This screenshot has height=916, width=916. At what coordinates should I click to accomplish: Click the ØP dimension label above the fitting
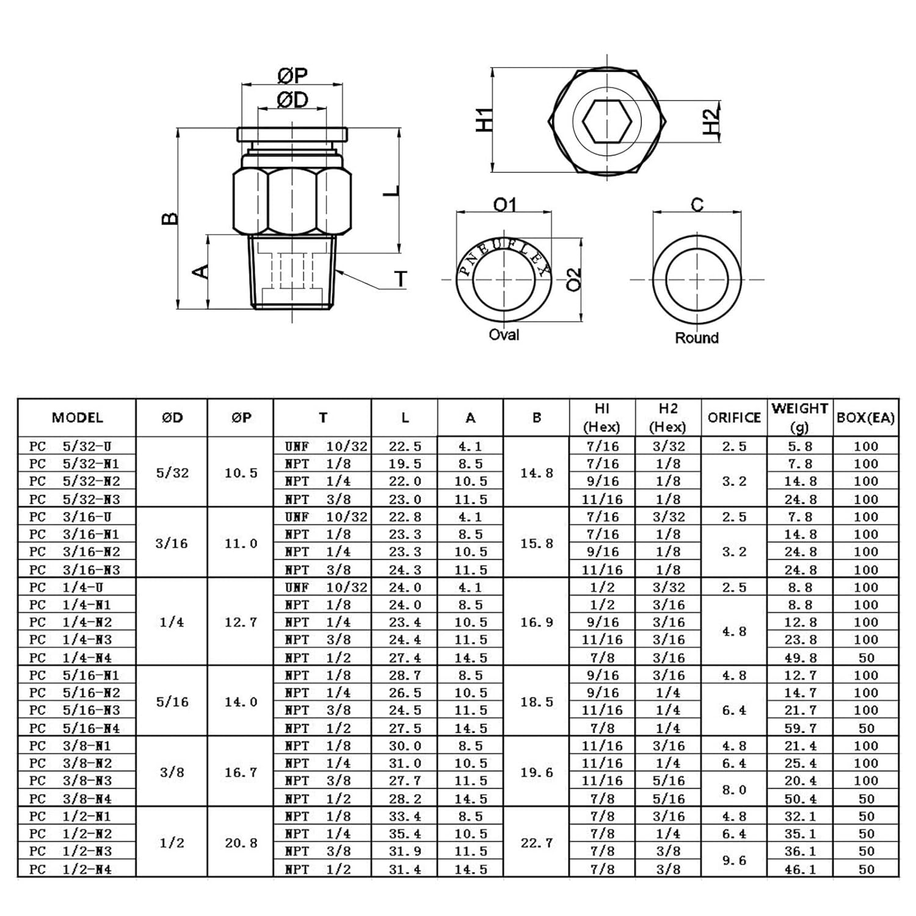coord(293,76)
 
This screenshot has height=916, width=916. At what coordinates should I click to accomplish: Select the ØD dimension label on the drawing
coord(293,100)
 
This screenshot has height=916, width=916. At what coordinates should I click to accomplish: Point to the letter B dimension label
coord(170,218)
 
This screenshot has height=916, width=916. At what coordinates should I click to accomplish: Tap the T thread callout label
coord(400,279)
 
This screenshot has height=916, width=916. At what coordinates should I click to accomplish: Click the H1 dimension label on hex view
coord(484,120)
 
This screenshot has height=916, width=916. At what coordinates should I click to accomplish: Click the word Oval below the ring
coord(504,335)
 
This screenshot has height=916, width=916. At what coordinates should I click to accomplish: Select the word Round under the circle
coord(697,338)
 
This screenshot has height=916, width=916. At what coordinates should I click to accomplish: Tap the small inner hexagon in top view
coord(606,121)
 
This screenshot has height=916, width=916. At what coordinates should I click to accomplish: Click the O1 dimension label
coord(504,205)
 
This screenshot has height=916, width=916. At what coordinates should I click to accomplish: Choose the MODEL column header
coord(77,418)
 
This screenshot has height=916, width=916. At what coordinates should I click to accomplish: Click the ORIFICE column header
coord(734,418)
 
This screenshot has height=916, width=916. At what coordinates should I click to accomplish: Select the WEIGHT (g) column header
coord(799,418)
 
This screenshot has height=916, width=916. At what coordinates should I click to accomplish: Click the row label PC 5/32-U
coord(70,446)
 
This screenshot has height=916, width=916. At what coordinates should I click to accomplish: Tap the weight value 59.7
coord(800,728)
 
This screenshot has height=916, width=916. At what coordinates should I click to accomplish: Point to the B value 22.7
coord(536,843)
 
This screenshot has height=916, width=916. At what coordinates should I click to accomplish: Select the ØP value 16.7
coord(241,772)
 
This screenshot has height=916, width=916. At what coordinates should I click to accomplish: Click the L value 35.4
coord(405,834)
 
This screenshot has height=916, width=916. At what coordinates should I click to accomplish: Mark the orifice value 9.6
coord(734,860)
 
